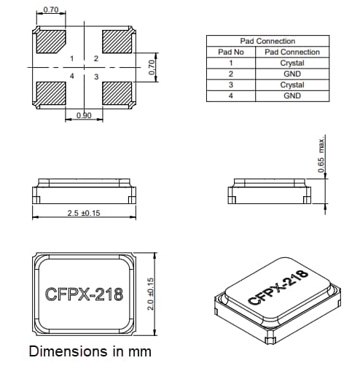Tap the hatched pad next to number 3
pyautogui.click(x=117, y=93)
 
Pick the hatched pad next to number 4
pyautogui.click(x=51, y=93)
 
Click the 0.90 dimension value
pyautogui.click(x=84, y=116)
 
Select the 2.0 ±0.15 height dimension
pyautogui.click(x=152, y=293)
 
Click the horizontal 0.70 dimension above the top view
pyautogui.click(x=51, y=10)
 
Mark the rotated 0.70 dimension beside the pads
pyautogui.click(x=152, y=68)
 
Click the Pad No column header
pyautogui.click(x=230, y=52)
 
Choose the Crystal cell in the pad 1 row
pyautogui.click(x=291, y=63)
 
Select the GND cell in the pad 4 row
pyautogui.click(x=291, y=95)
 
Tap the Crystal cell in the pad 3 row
pyautogui.click(x=291, y=85)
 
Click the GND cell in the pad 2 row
pyautogui.click(x=291, y=74)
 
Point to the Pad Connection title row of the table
pyautogui.click(x=267, y=42)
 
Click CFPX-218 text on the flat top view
pyautogui.click(x=84, y=294)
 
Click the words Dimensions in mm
pyautogui.click(x=90, y=351)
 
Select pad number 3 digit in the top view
pyautogui.click(x=96, y=76)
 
